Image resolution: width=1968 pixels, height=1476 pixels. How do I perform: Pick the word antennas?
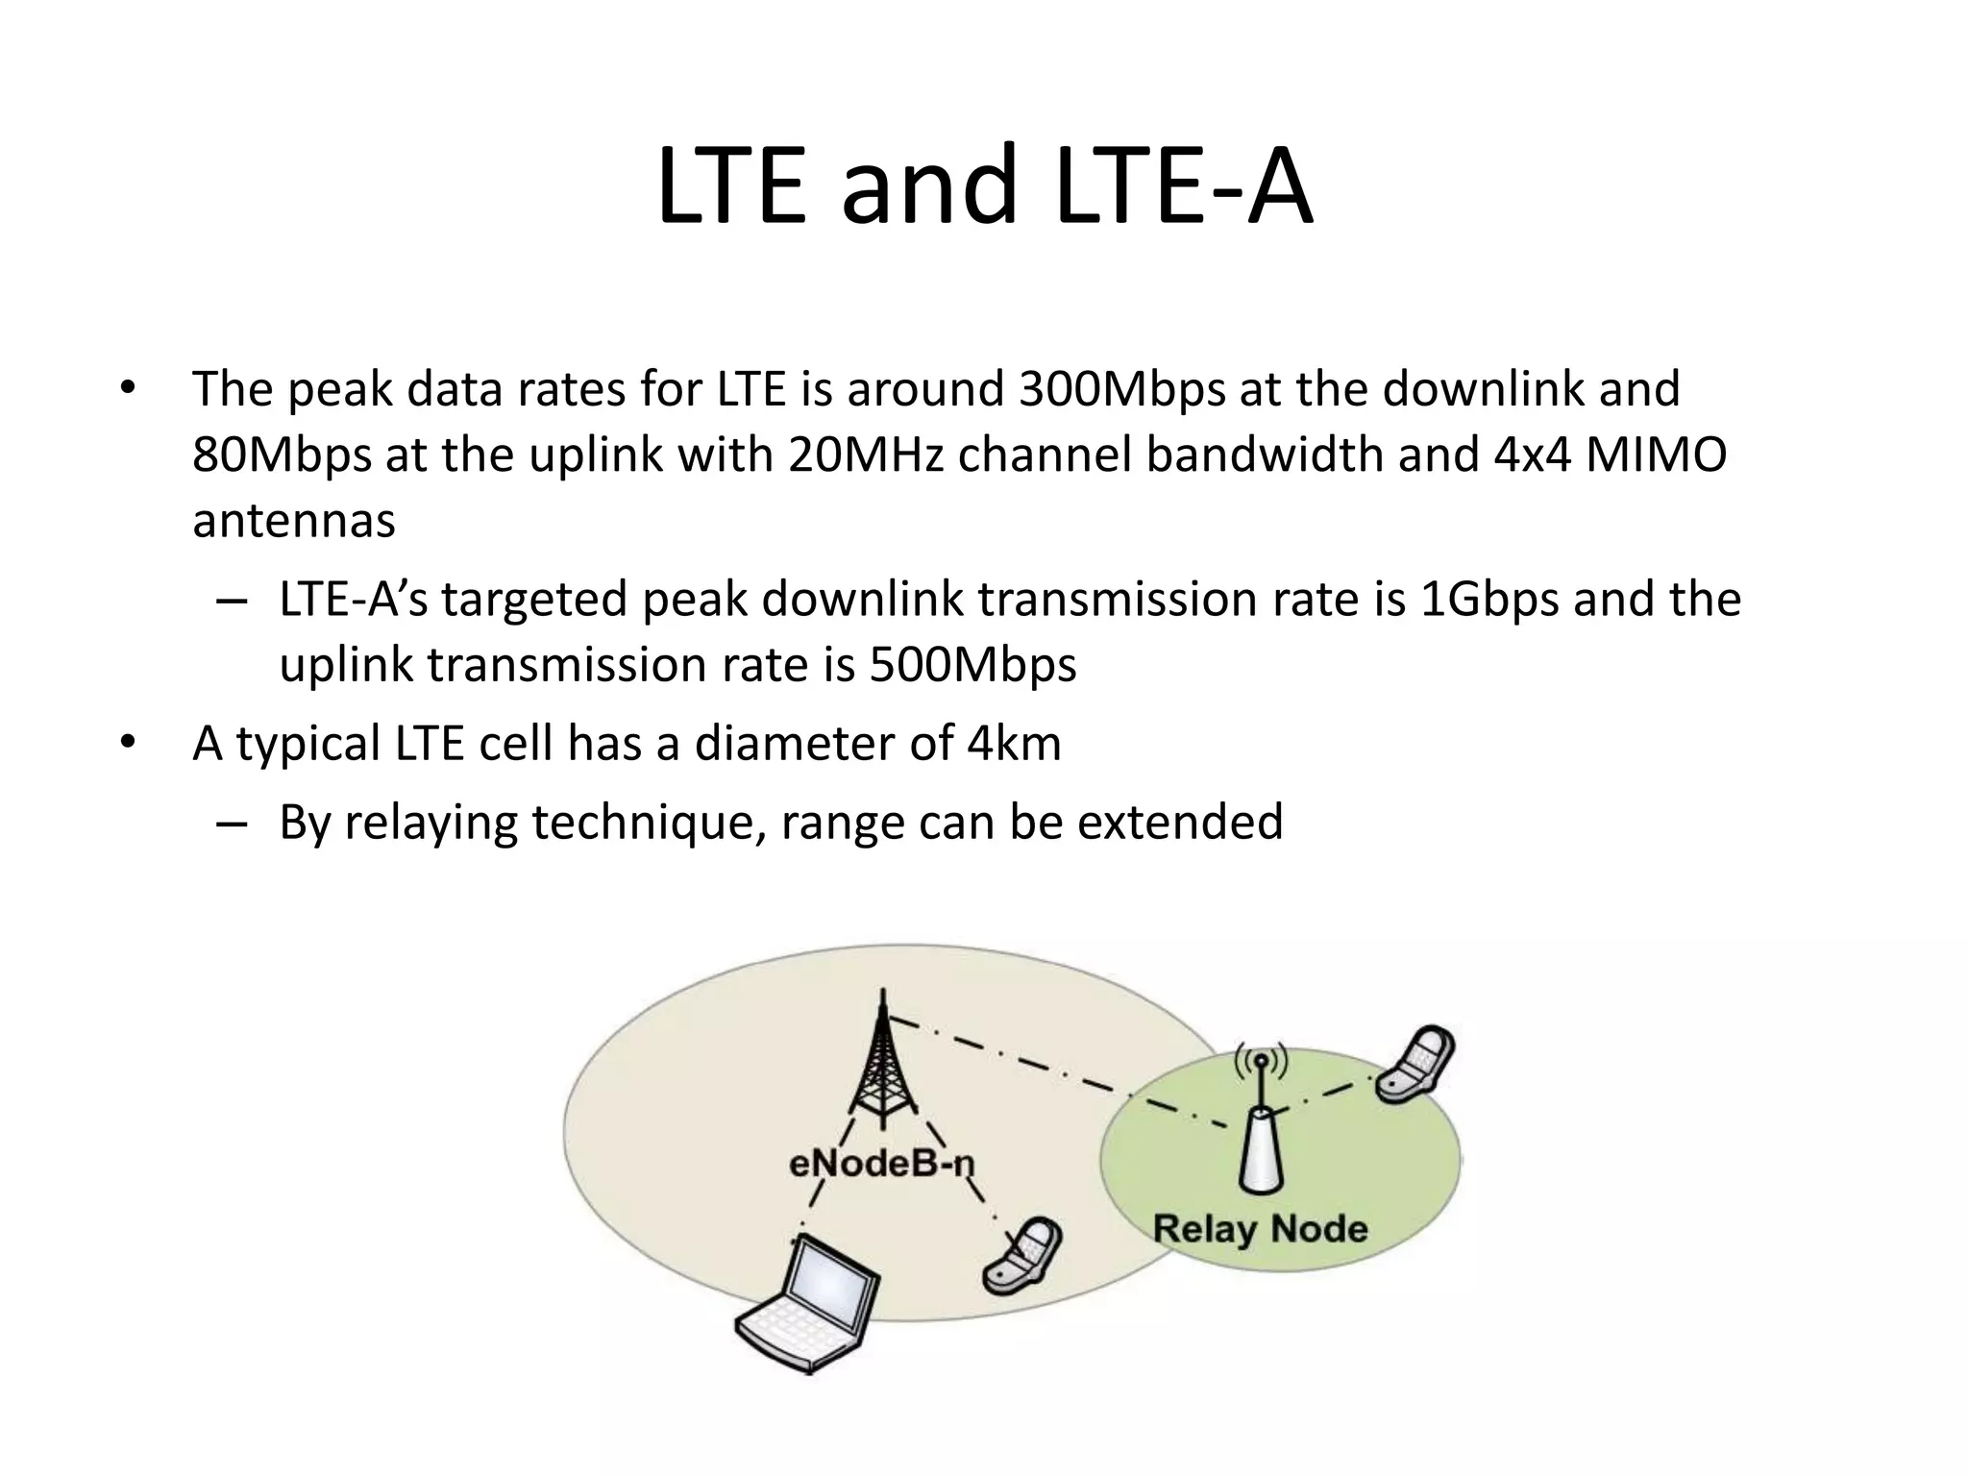point(294,521)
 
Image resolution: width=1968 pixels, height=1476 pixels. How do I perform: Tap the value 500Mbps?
point(972,665)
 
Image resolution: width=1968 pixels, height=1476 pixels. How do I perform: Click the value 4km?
point(1014,744)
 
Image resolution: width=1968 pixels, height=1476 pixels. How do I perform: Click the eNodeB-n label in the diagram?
point(881,1164)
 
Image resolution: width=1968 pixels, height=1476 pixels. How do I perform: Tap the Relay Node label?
point(1260,1228)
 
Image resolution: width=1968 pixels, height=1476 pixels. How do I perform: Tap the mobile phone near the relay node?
point(1415,1064)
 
